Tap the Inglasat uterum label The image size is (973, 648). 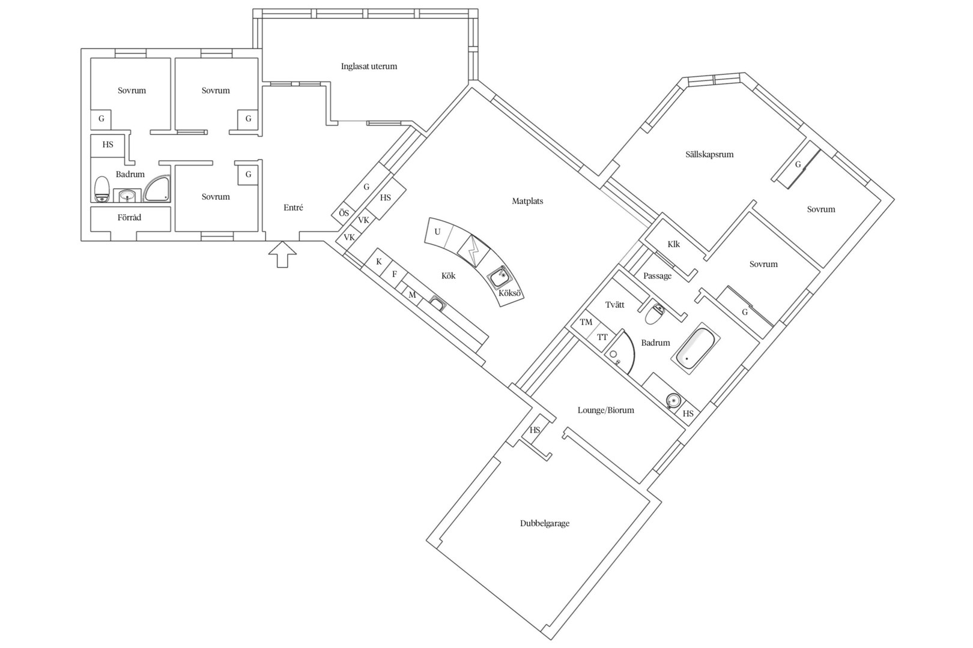click(369, 67)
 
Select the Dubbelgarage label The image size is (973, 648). click(545, 523)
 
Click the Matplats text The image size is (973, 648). click(527, 201)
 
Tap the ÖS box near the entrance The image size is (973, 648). click(344, 213)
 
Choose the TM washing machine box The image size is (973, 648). click(586, 322)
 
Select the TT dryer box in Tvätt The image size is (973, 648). click(602, 337)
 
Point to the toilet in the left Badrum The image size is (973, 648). click(102, 189)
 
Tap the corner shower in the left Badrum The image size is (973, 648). click(157, 189)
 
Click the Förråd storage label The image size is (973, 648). click(129, 217)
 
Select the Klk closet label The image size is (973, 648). click(674, 244)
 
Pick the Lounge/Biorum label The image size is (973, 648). click(605, 410)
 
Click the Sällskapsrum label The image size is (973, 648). click(709, 154)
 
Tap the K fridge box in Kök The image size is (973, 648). click(379, 262)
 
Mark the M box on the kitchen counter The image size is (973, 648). click(412, 295)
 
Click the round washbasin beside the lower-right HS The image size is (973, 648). click(673, 400)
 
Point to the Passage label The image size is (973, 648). click(657, 276)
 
